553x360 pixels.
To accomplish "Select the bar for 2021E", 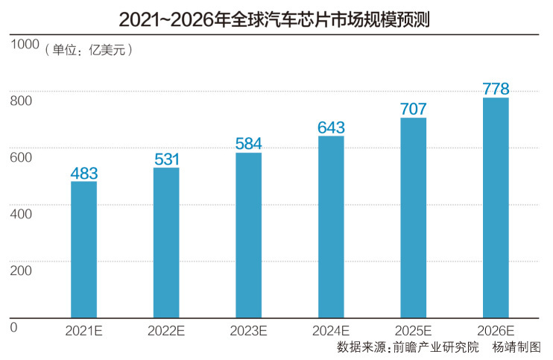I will [x=84, y=249].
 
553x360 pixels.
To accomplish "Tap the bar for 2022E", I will [x=166, y=242].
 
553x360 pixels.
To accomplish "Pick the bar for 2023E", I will [x=248, y=235].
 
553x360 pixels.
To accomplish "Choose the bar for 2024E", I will [x=331, y=227].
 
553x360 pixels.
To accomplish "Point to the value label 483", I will [x=84, y=173].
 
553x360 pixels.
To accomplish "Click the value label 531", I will [x=166, y=160].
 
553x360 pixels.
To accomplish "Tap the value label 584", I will [x=248, y=144].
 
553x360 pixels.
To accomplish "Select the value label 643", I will [x=331, y=127].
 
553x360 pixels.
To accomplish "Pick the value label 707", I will [x=413, y=110].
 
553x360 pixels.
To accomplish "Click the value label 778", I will [x=496, y=89].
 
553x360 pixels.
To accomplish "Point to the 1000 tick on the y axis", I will [x=24, y=45].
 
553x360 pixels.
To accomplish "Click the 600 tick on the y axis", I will [x=20, y=157].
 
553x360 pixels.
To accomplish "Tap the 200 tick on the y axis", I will [x=20, y=270].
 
